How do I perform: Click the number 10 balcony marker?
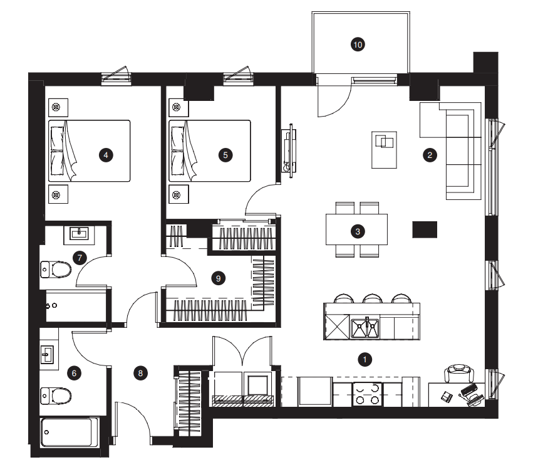(358, 45)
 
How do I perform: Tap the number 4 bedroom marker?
(106, 155)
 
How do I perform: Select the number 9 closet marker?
(218, 278)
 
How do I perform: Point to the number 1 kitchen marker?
(365, 359)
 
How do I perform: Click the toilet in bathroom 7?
(56, 270)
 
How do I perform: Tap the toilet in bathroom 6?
(56, 396)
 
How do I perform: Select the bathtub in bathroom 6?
(67, 432)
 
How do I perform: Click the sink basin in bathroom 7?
(79, 233)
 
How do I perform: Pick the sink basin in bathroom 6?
(47, 355)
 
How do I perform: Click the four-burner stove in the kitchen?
(367, 394)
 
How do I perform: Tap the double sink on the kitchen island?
(365, 328)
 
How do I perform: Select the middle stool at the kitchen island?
(373, 298)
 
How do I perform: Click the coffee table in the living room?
(384, 150)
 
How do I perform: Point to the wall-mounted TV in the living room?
(289, 150)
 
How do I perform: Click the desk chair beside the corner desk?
(459, 373)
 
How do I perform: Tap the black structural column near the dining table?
(425, 229)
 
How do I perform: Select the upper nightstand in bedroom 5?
(179, 108)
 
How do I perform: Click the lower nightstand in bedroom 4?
(58, 194)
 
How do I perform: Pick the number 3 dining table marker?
(358, 232)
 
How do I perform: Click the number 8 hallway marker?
(140, 374)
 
